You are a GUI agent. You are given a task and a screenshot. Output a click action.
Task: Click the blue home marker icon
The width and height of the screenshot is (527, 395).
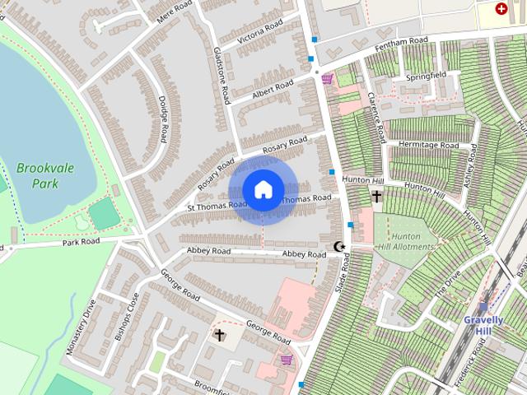pos(263,189)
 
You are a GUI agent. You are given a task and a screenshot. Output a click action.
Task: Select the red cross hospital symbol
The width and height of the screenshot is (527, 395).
pos(501,8)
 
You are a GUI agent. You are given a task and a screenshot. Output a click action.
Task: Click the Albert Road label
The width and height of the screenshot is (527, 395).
pos(273,88)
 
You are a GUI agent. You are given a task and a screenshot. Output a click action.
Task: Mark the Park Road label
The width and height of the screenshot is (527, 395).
pos(81,242)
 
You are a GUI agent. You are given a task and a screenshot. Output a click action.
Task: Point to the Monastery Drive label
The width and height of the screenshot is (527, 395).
pos(81,327)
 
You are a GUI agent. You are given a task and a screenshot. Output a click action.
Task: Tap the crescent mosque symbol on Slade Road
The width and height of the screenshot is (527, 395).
pos(338,246)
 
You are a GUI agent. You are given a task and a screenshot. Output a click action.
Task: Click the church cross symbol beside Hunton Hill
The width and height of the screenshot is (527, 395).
pos(377,197)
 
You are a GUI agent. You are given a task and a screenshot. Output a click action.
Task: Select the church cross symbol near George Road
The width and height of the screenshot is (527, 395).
pos(220,335)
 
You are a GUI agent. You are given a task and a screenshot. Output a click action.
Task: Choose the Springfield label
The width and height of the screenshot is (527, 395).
pos(427,76)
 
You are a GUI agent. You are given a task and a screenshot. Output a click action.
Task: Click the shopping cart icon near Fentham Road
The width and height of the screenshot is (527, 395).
pos(328,79)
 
